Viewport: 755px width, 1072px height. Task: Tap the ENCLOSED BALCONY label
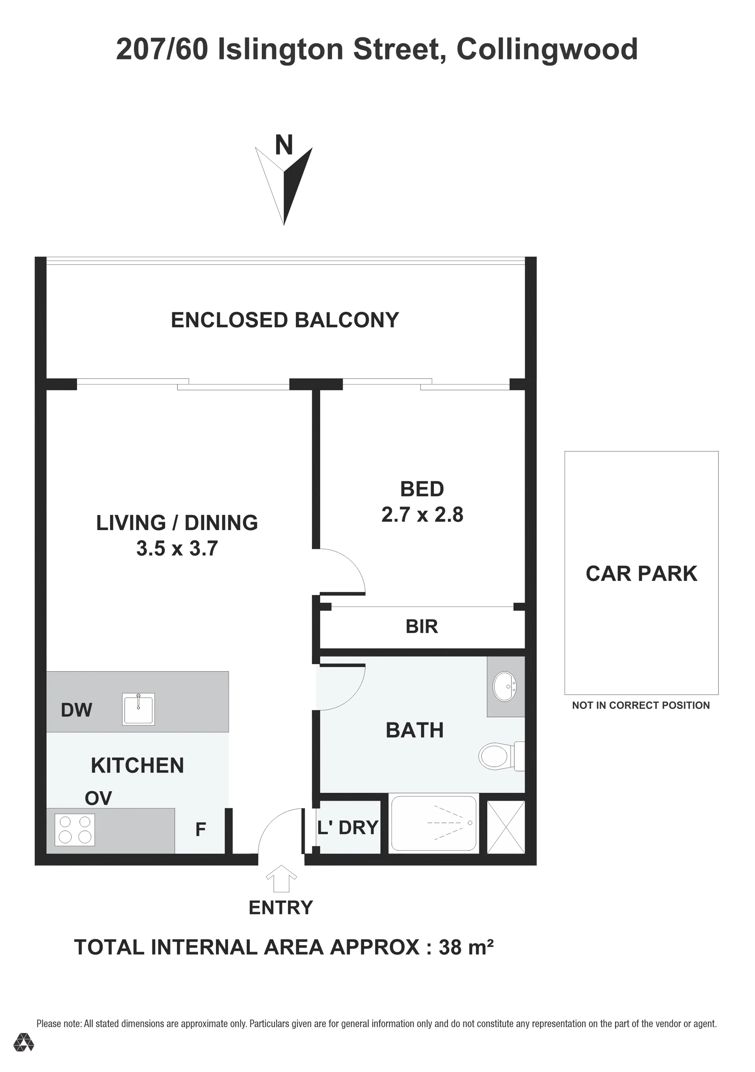click(285, 320)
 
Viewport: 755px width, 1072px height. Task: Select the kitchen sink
click(138, 709)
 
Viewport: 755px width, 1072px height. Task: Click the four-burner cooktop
click(75, 830)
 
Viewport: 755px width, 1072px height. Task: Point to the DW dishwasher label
click(77, 710)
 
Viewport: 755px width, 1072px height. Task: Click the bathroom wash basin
click(505, 686)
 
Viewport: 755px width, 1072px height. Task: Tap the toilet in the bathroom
click(501, 756)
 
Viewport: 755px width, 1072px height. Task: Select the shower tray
click(433, 823)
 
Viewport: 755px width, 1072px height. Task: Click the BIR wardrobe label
click(422, 626)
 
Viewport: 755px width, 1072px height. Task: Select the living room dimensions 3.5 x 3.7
click(177, 548)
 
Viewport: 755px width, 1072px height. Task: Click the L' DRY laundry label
click(347, 827)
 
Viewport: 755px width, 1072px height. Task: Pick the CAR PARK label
click(641, 573)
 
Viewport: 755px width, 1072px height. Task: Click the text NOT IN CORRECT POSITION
click(641, 705)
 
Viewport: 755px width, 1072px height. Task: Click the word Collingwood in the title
click(547, 50)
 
